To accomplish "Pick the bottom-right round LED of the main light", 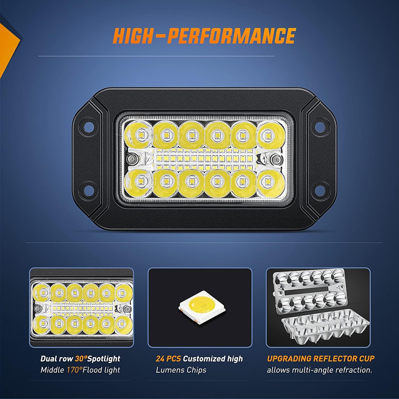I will pos(267,181).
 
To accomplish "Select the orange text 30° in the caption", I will pos(81,359).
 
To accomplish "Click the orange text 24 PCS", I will pos(168,359).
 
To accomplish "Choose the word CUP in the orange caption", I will pos(366,359).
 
